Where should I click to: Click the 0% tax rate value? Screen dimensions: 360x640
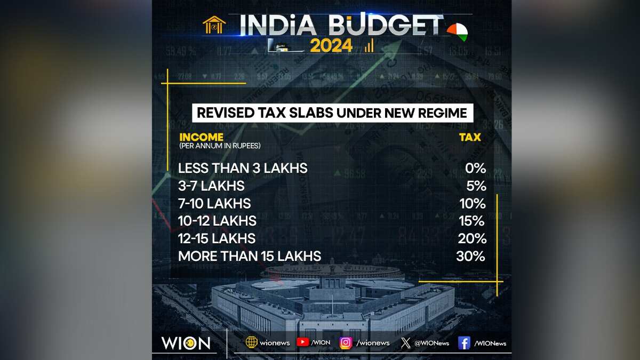click(475, 169)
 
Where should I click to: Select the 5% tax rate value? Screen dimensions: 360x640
click(475, 186)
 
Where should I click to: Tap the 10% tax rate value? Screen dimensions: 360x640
click(473, 203)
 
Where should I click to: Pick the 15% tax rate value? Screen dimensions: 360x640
click(472, 221)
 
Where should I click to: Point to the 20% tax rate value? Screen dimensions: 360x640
click(472, 238)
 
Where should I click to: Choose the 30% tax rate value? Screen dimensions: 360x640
click(471, 256)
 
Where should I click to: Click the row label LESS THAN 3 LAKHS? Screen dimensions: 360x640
click(243, 169)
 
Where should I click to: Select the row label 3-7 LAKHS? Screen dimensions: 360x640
click(211, 186)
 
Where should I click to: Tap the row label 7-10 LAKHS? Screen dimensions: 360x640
click(214, 203)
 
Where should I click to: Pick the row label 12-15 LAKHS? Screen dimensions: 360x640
click(217, 238)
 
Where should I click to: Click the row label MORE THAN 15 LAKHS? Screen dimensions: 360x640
click(250, 256)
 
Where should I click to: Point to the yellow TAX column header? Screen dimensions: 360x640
click(470, 137)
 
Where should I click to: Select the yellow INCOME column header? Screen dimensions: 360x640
click(201, 137)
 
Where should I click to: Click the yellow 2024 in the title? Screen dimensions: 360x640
click(331, 46)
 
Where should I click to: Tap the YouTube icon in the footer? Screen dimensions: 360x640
click(303, 342)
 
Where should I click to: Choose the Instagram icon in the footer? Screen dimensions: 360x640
click(346, 342)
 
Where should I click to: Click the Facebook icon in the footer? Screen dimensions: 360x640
click(464, 342)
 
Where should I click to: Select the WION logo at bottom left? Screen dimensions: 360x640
click(186, 342)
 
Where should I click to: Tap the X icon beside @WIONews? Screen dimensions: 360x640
click(405, 342)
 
